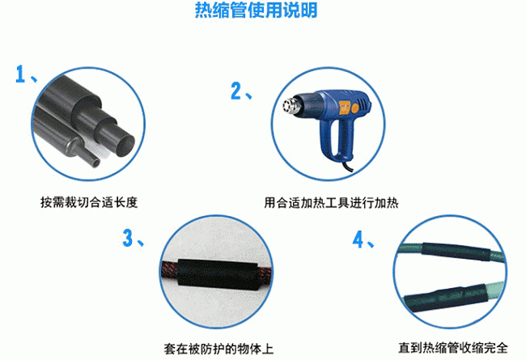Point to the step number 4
coord(358,240)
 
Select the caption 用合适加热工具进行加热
coord(331,201)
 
